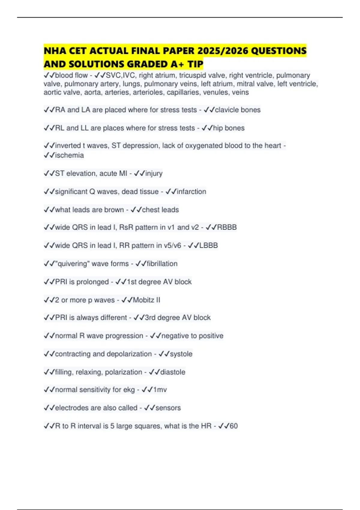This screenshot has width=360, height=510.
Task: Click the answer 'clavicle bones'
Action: click(238, 110)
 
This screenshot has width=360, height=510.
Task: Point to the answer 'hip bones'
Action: click(229, 128)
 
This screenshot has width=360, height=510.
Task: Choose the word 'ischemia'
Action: click(69, 155)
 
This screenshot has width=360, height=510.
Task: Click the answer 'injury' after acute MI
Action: click(154, 173)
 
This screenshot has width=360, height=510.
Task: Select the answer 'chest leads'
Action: click(160, 210)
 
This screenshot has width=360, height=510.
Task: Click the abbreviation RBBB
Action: click(227, 227)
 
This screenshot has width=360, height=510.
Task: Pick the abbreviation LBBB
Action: click(208, 245)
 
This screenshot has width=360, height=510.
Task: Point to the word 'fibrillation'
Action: click(162, 264)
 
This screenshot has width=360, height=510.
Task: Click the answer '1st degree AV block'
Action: click(159, 282)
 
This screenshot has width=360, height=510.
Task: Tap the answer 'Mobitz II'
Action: click(146, 300)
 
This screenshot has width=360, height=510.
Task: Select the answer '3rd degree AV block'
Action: click(178, 318)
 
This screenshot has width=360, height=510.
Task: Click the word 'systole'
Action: click(181, 354)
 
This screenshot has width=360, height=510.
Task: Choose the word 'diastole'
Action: click(173, 372)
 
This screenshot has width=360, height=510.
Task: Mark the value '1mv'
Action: click(160, 390)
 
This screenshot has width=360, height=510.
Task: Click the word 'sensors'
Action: click(168, 408)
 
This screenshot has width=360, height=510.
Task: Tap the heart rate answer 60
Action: click(234, 426)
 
